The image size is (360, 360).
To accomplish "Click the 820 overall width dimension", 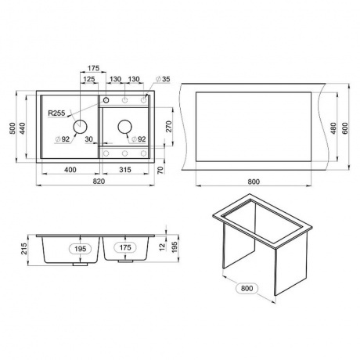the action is (99, 182).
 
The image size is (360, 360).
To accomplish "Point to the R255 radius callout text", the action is (56, 113).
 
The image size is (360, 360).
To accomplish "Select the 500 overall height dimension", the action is (13, 128).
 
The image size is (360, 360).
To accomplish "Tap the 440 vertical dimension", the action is (23, 128).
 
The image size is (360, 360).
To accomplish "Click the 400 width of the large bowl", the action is (70, 170).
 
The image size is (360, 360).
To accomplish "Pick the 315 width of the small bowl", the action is (125, 170).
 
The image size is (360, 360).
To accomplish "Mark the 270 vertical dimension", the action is (169, 127).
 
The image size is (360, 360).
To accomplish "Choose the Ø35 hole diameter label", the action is (163, 79).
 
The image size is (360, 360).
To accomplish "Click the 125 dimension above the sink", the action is (89, 79).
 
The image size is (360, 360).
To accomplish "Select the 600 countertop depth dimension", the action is (345, 128).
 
